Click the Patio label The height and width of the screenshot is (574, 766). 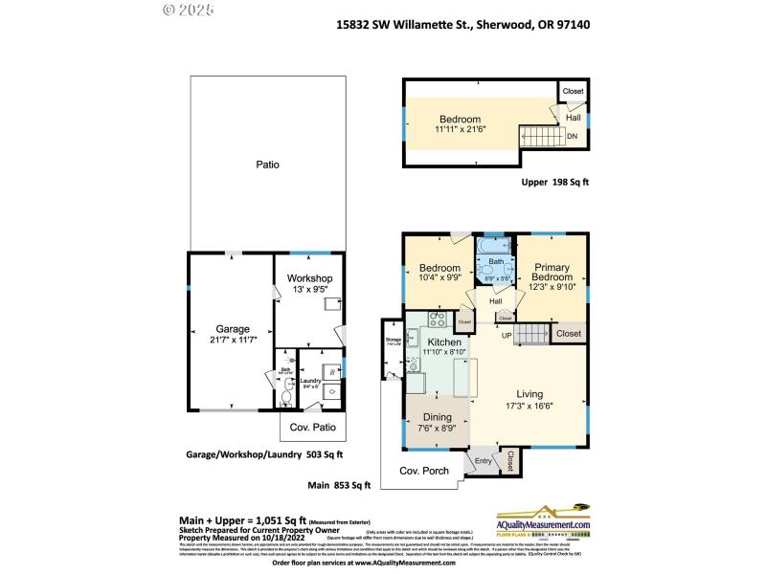point(267,165)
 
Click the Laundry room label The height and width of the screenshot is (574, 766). point(309,379)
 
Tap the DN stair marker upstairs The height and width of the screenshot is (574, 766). point(572,136)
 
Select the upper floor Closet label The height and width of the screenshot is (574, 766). point(573,91)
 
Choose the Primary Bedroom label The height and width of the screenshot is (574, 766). point(552,273)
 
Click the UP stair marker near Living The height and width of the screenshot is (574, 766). point(507,334)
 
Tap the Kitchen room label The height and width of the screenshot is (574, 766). point(444,342)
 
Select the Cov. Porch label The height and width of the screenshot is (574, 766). point(423,471)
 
